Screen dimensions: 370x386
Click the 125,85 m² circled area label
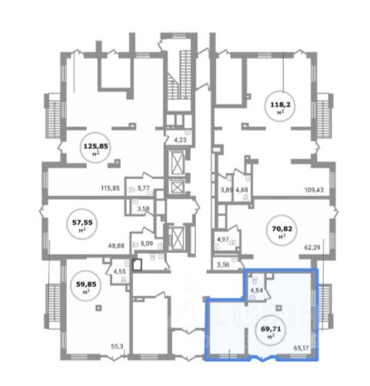(95, 148)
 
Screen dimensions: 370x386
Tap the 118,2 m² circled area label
(281, 106)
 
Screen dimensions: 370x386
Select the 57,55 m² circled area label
(82, 224)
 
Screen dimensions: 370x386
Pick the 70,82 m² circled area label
(282, 230)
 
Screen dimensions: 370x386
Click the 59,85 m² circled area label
(86, 285)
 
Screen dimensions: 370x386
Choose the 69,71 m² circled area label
(271, 330)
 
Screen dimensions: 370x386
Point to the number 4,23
(180, 140)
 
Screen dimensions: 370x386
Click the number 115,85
(110, 188)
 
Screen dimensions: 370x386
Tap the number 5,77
(143, 188)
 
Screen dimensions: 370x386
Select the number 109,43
(314, 190)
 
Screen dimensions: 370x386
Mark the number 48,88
(116, 246)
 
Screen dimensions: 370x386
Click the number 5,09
(147, 244)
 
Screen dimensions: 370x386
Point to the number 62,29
(312, 248)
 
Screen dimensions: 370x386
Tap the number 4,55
(119, 271)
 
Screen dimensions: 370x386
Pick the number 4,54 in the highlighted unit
(256, 291)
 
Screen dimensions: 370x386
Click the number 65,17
(301, 348)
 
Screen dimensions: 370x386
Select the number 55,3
(117, 346)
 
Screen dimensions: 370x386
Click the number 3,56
(223, 265)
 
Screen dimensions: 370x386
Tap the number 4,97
(223, 239)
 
